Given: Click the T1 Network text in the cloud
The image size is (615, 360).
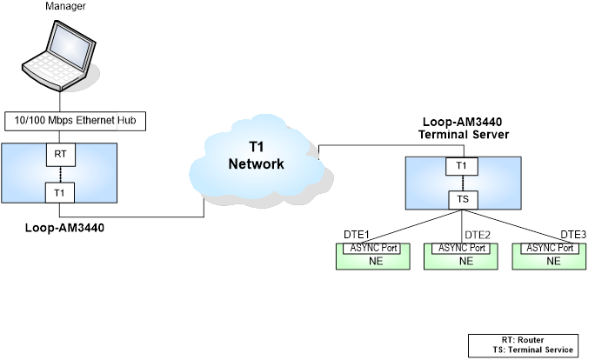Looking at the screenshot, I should click(256, 155).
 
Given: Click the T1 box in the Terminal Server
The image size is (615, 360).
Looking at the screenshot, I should click(461, 165).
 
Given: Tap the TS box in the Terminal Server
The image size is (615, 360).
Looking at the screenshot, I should click(461, 199).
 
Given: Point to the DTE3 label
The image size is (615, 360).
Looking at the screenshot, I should click(572, 235).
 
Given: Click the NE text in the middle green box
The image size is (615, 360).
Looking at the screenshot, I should click(465, 260).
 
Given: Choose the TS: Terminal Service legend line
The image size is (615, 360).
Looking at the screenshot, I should click(533, 350).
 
